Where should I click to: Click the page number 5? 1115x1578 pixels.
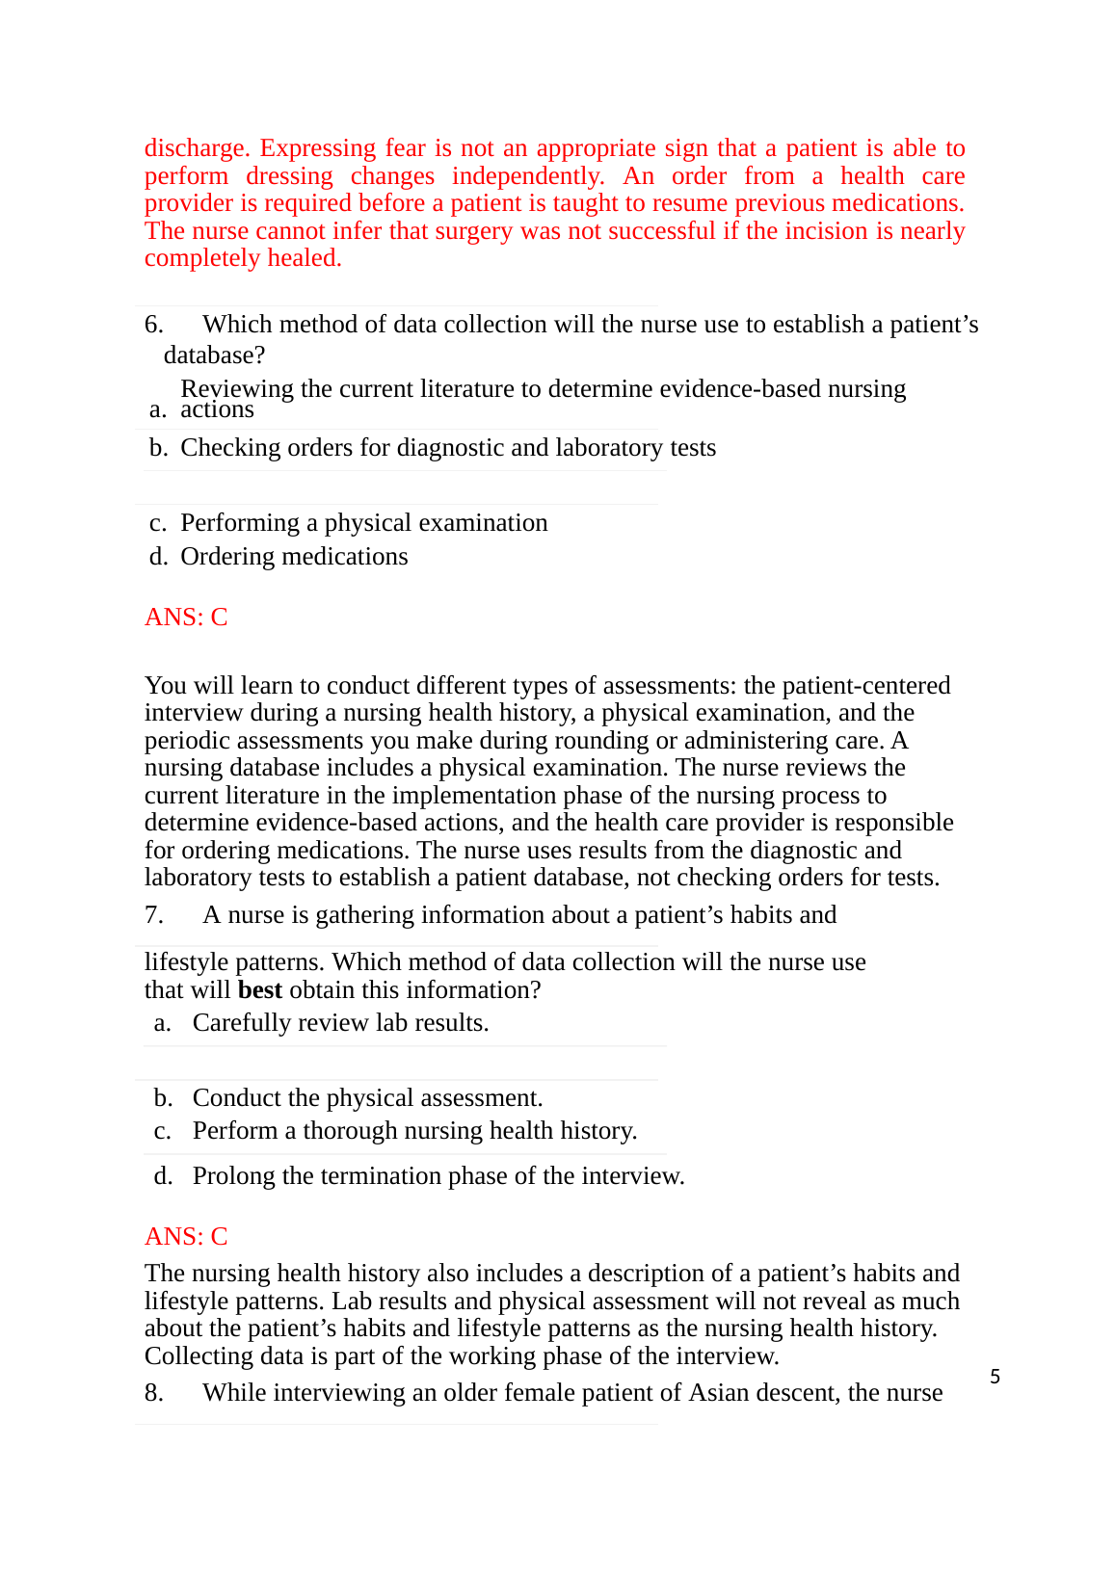click(995, 1377)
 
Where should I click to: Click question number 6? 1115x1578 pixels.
click(154, 325)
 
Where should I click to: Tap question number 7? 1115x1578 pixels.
click(154, 915)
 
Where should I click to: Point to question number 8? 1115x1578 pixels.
click(154, 1393)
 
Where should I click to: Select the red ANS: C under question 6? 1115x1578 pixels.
click(186, 618)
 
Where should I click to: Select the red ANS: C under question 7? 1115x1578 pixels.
click(186, 1237)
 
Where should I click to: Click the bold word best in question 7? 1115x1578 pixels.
click(260, 990)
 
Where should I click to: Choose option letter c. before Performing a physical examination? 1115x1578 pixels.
click(158, 523)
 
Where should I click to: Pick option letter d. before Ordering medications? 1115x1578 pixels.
click(158, 557)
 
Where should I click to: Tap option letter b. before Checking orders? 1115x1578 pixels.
click(158, 448)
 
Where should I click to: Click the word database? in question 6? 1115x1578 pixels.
click(214, 355)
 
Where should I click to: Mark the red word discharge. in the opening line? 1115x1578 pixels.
click(198, 148)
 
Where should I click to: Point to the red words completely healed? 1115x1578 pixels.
click(243, 258)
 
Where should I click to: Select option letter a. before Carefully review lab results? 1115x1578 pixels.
click(163, 1023)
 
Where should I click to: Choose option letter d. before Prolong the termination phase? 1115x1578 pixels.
click(163, 1176)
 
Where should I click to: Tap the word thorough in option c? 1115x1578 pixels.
click(345, 1131)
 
